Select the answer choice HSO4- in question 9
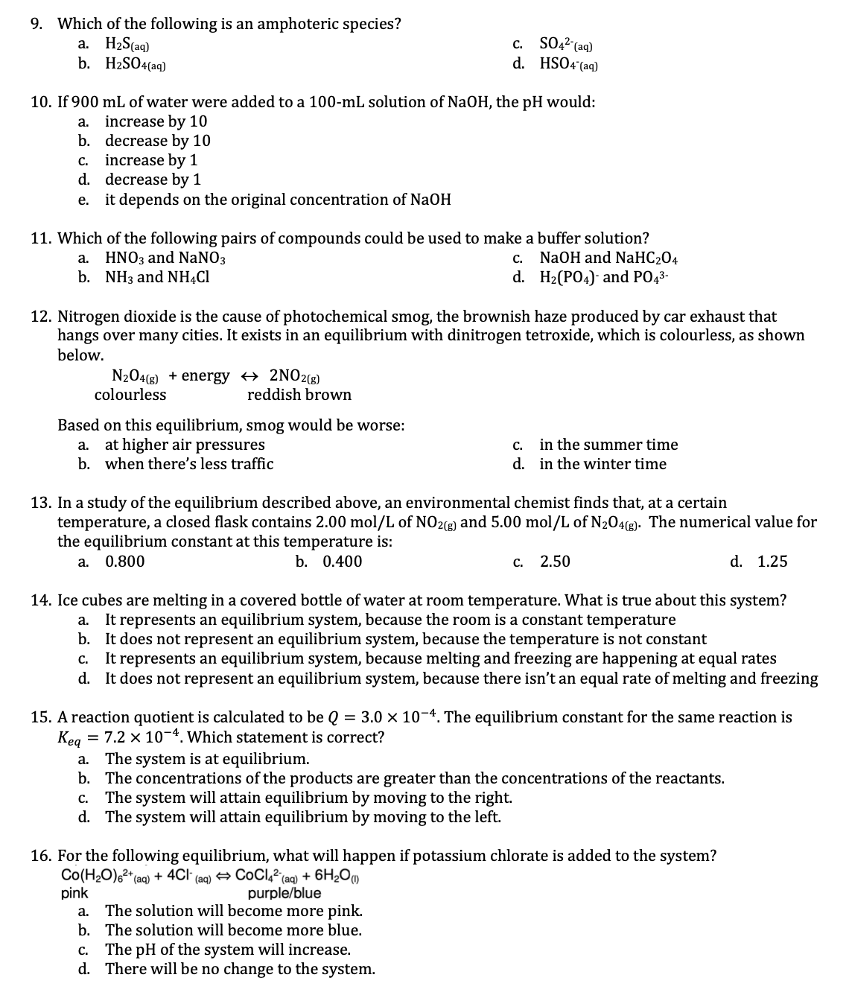[569, 64]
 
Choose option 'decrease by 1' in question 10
[153, 179]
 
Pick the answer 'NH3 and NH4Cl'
[157, 277]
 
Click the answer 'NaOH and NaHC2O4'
[608, 258]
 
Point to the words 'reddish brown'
[299, 395]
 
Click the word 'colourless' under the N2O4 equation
[130, 395]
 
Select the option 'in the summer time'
[608, 445]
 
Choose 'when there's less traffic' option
[189, 464]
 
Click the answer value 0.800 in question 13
[125, 562]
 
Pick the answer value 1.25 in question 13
[772, 562]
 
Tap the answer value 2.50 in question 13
[555, 562]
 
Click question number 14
[41, 600]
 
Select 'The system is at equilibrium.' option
[207, 759]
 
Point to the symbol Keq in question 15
[72, 739]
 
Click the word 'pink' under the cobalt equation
[74, 892]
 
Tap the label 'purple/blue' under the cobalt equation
[284, 892]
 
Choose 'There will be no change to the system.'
[240, 969]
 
